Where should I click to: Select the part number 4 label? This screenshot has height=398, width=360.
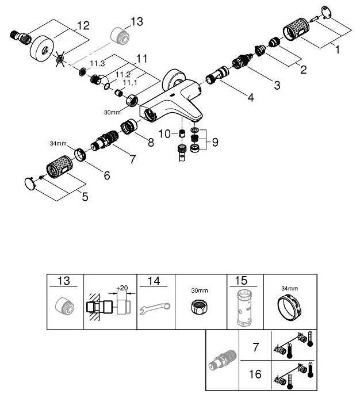[250, 97]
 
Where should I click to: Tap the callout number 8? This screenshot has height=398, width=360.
[151, 141]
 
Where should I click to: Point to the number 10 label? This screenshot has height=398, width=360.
[164, 133]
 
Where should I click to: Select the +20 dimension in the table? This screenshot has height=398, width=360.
[122, 287]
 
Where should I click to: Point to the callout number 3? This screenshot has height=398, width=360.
[277, 86]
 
